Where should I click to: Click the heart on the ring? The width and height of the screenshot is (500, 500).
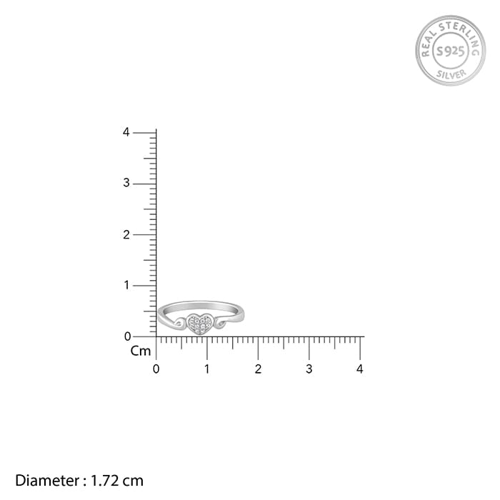pyautogui.click(x=199, y=324)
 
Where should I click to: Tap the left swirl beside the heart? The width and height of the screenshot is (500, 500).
pyautogui.click(x=179, y=324)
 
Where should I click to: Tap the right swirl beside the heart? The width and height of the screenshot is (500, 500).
pyautogui.click(x=220, y=323)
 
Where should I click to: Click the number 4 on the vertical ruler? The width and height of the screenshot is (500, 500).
pyautogui.click(x=126, y=132)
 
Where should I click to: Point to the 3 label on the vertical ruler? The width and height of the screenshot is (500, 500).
pyautogui.click(x=126, y=183)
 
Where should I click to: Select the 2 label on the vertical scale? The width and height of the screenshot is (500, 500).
pyautogui.click(x=126, y=235)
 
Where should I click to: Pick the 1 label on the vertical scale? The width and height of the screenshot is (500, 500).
pyautogui.click(x=127, y=285)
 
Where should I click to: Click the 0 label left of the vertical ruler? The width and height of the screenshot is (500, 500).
pyautogui.click(x=128, y=336)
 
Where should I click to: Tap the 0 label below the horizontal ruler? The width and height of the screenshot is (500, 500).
pyautogui.click(x=156, y=369)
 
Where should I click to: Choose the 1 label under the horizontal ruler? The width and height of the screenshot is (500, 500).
pyautogui.click(x=207, y=369)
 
